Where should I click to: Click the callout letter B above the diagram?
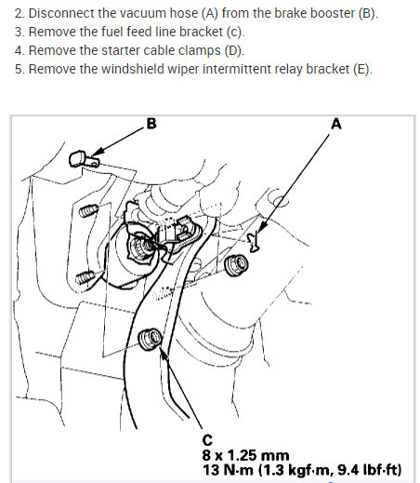click(x=151, y=125)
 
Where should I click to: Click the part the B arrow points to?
click(x=80, y=159)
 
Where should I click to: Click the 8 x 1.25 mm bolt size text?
click(x=244, y=453)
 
